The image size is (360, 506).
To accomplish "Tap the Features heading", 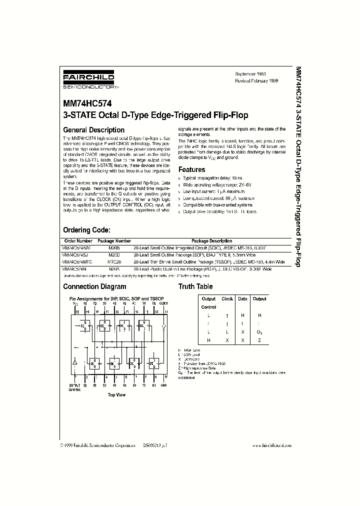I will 192,169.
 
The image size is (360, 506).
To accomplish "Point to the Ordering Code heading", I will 86,230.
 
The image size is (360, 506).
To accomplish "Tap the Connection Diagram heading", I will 94,286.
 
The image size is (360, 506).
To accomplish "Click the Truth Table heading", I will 195,286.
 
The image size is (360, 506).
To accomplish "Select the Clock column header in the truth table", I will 227,299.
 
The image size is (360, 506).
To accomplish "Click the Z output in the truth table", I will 259,340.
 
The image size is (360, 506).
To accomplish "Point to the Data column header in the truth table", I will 242,299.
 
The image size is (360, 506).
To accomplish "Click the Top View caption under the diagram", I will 116,394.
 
